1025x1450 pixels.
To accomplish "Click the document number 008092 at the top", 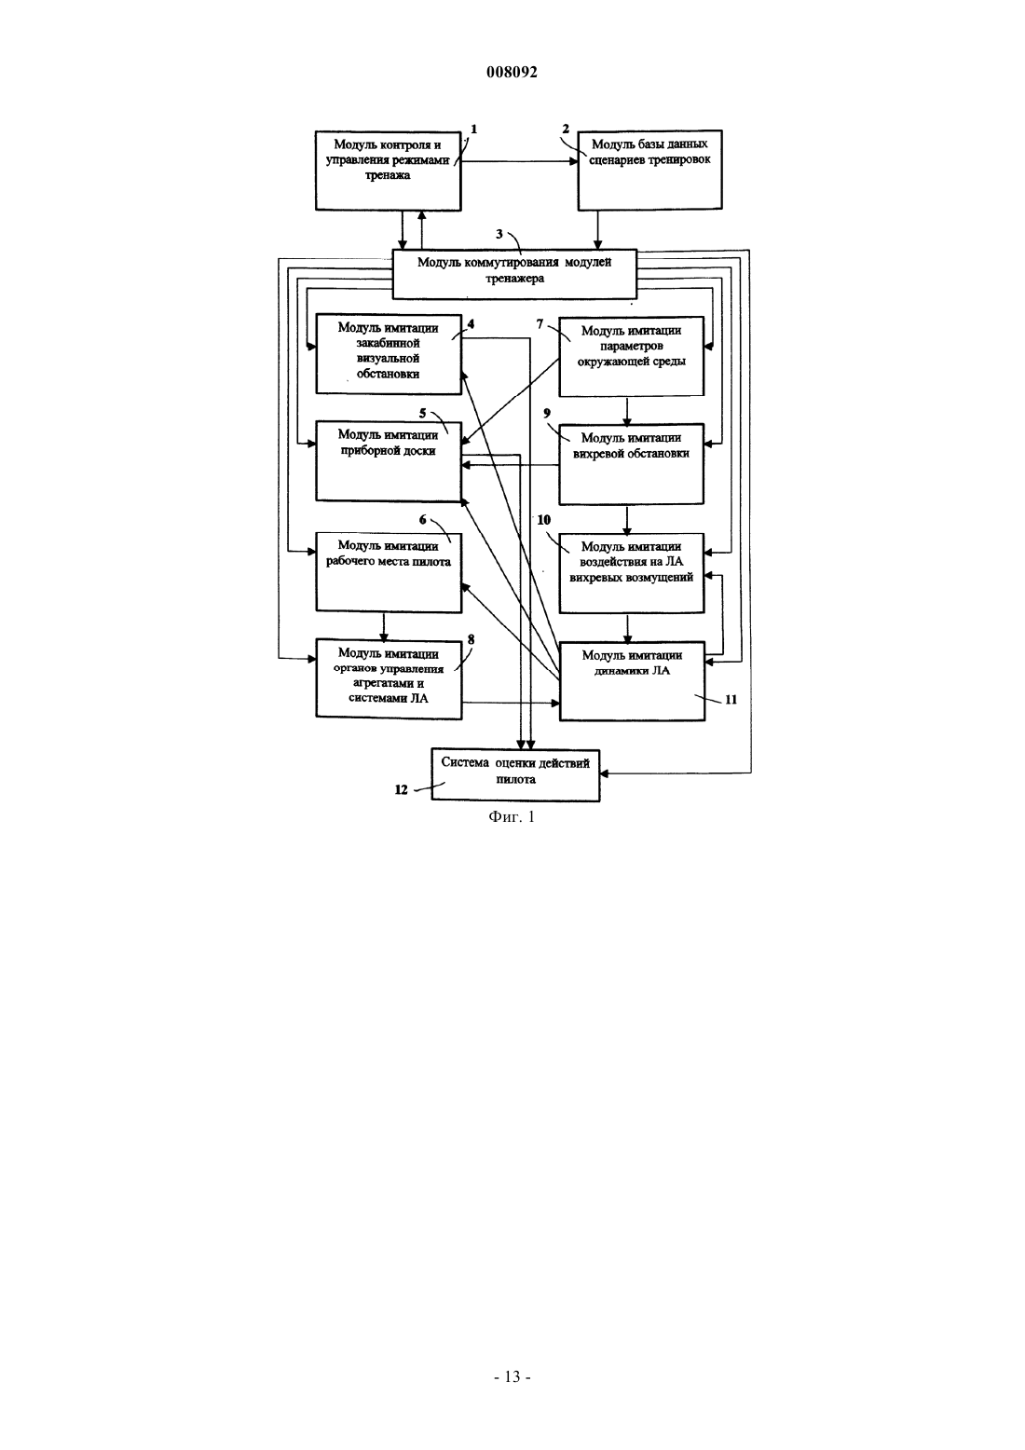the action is pos(512,72).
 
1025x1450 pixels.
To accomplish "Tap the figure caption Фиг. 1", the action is pos(512,817).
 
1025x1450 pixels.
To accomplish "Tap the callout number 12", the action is pos(402,789).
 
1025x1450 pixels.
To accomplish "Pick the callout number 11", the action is pos(731,700).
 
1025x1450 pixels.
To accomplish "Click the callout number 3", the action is pos(499,234).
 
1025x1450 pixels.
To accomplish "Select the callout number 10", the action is pos(543,520).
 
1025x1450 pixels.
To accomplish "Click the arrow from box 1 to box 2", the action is pos(519,162).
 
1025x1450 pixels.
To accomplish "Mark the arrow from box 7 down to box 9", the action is pos(626,410).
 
